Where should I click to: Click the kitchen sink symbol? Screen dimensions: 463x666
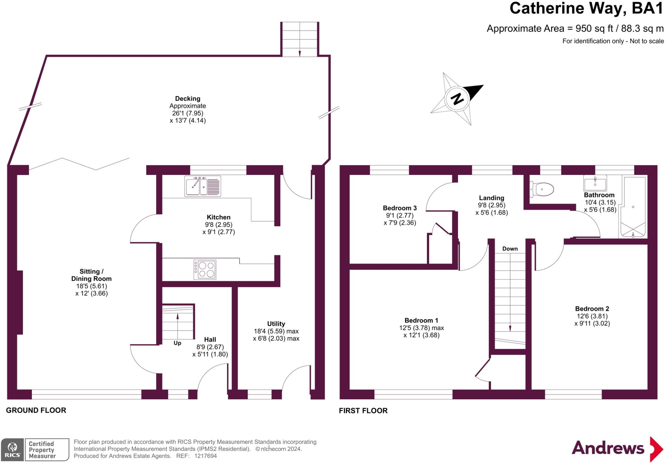203,186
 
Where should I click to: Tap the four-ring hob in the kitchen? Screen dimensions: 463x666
205,269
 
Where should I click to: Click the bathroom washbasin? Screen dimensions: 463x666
595,183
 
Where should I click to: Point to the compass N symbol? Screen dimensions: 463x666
457,99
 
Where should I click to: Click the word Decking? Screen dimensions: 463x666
188,99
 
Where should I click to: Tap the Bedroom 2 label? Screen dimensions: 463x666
592,309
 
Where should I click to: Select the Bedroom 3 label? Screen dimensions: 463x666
400,208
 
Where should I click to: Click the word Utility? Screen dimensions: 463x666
276,324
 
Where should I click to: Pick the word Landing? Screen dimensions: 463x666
491,198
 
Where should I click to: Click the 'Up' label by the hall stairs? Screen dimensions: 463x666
177,343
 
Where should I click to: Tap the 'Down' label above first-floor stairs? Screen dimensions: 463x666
510,249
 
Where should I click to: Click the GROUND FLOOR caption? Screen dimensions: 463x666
36,410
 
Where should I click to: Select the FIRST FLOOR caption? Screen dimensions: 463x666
363,411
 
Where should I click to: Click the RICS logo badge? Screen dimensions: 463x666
12,450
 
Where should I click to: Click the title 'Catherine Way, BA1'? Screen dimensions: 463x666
586,8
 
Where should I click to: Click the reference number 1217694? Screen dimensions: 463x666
205,456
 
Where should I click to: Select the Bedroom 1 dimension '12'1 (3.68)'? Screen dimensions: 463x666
421,335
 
